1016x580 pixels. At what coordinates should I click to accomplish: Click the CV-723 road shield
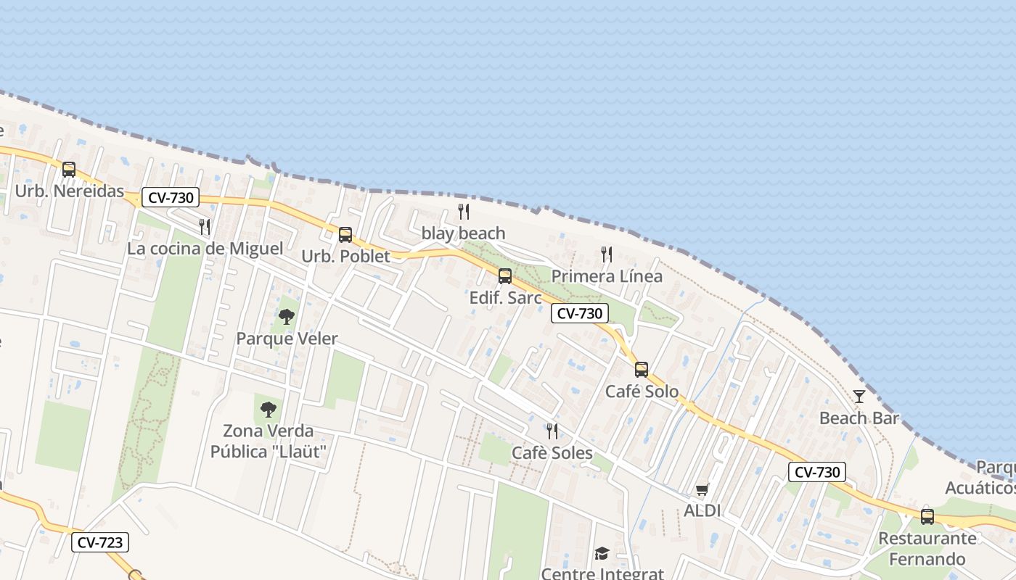pos(100,542)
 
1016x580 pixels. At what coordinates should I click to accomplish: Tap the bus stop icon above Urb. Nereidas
pos(69,170)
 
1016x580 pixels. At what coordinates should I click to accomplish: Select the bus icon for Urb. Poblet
pos(345,235)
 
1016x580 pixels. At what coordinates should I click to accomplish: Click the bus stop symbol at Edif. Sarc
pos(505,276)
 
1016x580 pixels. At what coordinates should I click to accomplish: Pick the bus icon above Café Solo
pos(642,370)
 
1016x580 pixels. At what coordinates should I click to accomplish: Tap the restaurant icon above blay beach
pos(464,212)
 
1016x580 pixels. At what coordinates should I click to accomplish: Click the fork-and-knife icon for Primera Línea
pos(607,254)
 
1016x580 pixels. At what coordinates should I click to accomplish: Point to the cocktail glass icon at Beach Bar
pos(859,397)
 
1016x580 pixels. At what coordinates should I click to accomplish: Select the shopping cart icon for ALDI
pos(702,490)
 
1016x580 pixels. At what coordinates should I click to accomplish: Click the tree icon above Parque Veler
pos(287,317)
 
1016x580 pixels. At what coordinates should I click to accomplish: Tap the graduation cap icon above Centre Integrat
pos(602,554)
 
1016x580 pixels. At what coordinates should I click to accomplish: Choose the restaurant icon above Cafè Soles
pos(552,431)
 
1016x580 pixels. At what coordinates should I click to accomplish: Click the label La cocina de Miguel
pos(205,249)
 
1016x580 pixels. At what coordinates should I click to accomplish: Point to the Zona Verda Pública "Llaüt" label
pos(269,442)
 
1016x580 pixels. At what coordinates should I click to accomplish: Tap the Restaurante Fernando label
pos(927,549)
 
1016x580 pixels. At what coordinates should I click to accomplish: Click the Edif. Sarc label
pos(506,298)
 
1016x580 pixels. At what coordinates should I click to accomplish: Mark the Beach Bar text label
pos(859,418)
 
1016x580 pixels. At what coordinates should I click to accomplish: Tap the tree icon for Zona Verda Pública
pos(269,410)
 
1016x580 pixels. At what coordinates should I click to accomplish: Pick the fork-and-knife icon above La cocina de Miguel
pos(205,227)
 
